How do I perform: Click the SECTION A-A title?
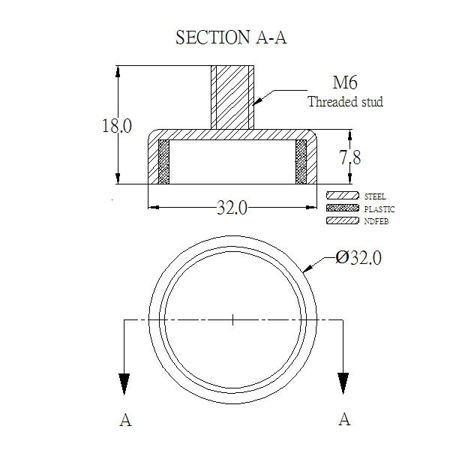[x=231, y=37]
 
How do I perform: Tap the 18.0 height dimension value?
[x=117, y=126]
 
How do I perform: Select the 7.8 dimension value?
[x=349, y=157]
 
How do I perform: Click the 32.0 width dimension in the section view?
[x=232, y=208]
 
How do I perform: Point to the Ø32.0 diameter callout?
[x=358, y=257]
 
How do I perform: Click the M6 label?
[x=345, y=82]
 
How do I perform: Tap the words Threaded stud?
[x=345, y=102]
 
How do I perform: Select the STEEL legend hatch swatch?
[x=343, y=196]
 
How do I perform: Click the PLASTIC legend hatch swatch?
[x=343, y=208]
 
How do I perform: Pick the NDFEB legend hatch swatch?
[x=343, y=220]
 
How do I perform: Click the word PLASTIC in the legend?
[x=379, y=209]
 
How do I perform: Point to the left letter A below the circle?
[x=125, y=420]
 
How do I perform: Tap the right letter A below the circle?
[x=344, y=419]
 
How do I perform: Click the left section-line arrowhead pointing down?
[x=124, y=384]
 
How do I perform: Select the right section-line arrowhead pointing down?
[x=343, y=383]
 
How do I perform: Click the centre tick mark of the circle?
[x=232, y=319]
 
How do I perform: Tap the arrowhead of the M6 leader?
[x=258, y=100]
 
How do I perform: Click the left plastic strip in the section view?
[x=163, y=162]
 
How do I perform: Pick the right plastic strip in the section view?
[x=301, y=162]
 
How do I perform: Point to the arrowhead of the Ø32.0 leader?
[x=307, y=268]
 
